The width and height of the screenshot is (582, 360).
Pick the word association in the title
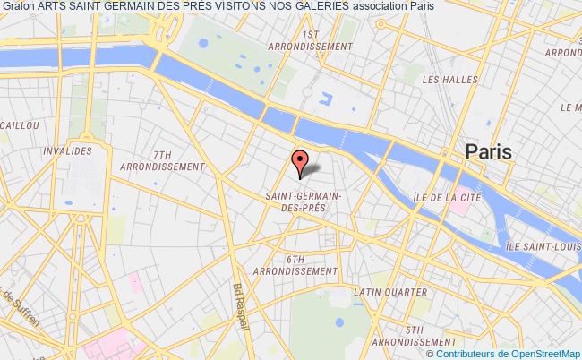click(330, 8)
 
